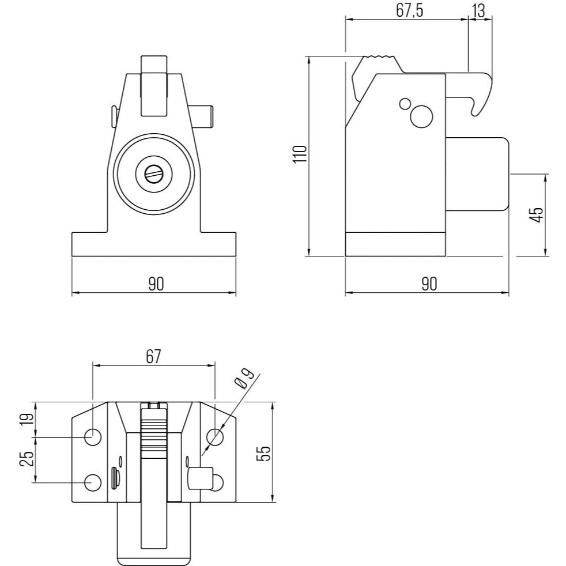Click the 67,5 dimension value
(409, 11)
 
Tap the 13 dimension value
(478, 11)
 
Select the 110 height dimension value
(300, 154)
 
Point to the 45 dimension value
(538, 215)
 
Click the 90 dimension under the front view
(156, 284)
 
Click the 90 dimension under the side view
(429, 284)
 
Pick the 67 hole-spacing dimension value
(153, 357)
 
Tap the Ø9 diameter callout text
(245, 379)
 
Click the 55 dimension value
(263, 453)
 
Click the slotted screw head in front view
(154, 174)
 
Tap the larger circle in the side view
(421, 116)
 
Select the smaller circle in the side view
(405, 104)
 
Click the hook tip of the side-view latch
(475, 114)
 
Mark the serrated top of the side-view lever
(379, 56)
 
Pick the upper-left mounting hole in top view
(93, 437)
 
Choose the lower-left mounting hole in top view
(93, 482)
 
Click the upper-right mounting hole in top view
(215, 437)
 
